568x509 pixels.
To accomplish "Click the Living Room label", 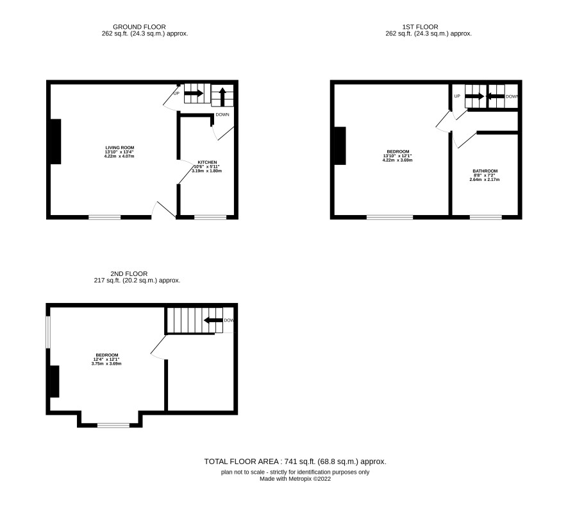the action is click(x=119, y=148).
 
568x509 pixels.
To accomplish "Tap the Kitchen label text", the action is click(x=207, y=162).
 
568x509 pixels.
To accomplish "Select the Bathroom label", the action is click(x=485, y=171).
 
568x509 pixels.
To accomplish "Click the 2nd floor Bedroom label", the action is click(x=107, y=355).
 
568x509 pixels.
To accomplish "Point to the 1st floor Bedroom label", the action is click(x=397, y=151).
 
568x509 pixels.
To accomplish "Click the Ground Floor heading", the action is click(x=140, y=27).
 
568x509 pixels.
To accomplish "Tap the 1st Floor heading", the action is click(x=420, y=27).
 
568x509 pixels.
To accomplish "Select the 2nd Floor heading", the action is click(x=129, y=274).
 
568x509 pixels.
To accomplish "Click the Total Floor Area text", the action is click(x=296, y=462).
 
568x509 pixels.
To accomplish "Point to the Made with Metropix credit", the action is click(x=296, y=479).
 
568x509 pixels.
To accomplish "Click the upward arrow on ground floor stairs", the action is click(x=223, y=97).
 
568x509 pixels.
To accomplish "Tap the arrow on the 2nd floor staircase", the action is click(x=213, y=320).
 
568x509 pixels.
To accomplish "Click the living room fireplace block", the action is click(x=56, y=141).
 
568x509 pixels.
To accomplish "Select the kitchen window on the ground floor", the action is click(x=210, y=218).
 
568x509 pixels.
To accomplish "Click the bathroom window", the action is click(x=486, y=218).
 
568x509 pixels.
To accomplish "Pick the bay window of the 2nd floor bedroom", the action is click(x=113, y=425).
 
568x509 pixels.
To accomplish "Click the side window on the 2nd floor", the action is click(x=48, y=332).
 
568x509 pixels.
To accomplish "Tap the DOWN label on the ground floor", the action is click(x=222, y=115).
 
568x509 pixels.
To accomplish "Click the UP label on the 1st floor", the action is click(x=457, y=96).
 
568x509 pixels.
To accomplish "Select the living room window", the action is click(x=104, y=218).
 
